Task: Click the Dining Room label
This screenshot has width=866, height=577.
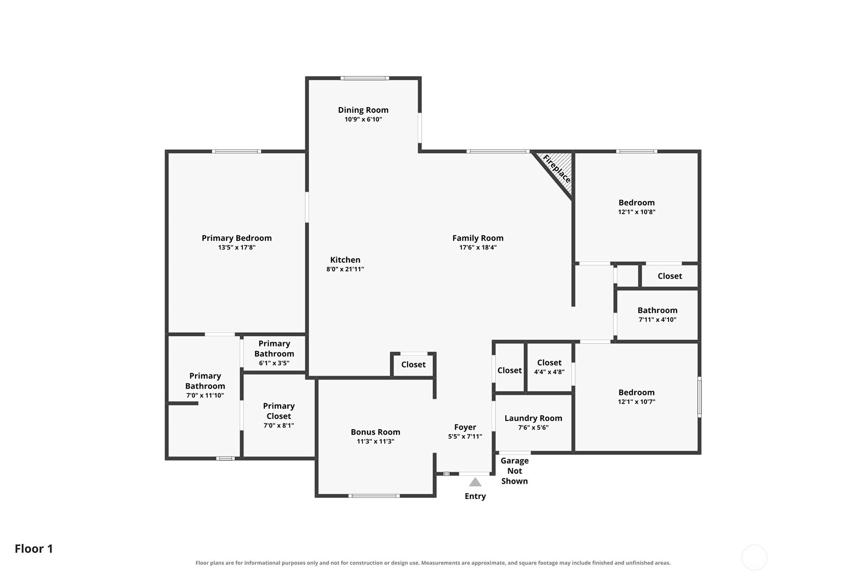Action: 363,110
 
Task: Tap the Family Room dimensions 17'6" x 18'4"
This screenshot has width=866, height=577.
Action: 478,247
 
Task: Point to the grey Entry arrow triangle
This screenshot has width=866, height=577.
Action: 475,482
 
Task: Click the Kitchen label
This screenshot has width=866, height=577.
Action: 345,260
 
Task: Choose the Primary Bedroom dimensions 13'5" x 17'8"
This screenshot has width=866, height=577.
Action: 237,247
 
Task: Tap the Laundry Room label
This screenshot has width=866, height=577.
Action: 533,418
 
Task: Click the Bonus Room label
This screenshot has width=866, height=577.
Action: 376,432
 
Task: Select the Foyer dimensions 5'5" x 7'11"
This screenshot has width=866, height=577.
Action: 465,437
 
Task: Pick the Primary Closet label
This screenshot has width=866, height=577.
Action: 279,411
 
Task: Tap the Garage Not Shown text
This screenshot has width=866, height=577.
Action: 514,471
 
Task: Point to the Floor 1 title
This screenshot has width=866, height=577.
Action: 34,549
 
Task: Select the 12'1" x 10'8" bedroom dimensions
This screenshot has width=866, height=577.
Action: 636,212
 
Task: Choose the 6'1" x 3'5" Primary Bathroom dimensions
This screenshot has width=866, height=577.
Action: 274,363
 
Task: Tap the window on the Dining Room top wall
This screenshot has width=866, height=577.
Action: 364,79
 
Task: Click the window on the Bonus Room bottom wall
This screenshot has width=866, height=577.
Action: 374,496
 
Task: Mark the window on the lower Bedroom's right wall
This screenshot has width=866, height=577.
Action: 699,397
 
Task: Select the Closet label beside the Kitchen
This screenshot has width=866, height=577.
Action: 413,364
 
